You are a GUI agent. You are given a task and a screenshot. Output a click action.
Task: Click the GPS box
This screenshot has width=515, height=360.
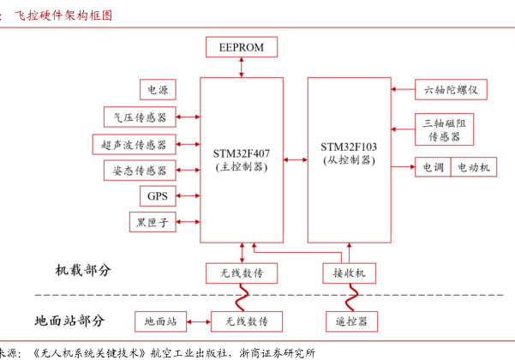tap(157, 196)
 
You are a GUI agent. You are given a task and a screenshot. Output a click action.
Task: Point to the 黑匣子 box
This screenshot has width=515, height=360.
tap(153, 223)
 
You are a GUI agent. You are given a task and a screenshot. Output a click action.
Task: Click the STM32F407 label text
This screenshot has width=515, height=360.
tap(241, 153)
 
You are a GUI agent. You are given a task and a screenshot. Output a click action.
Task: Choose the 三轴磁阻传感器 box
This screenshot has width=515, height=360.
tap(444, 129)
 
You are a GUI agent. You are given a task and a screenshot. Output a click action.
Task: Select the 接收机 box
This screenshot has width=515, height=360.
tap(349, 273)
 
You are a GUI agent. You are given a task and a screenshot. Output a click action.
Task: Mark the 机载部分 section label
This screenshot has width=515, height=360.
tap(83, 270)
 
